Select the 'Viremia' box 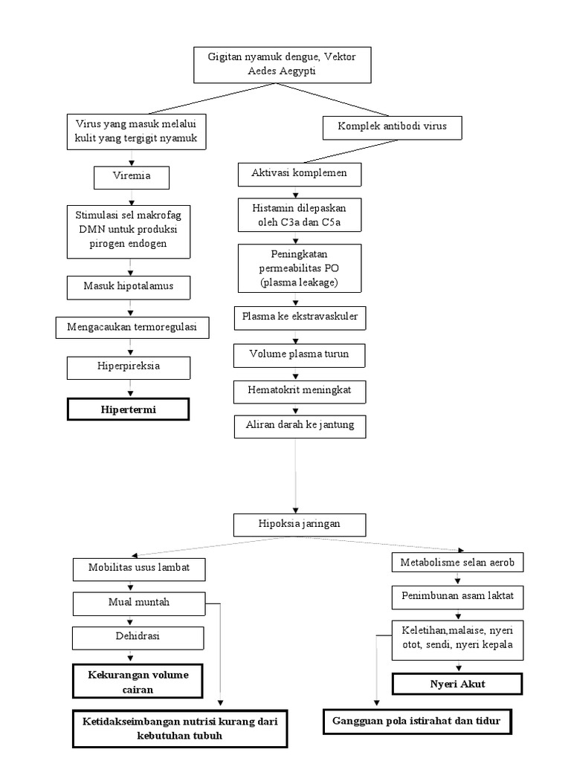coord(132,178)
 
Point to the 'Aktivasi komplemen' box coord(300,175)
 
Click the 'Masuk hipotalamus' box coord(131,286)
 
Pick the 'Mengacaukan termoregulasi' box coord(131,327)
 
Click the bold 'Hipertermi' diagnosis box coord(128,409)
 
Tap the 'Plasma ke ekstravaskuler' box coord(300,317)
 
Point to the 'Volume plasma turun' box coord(300,355)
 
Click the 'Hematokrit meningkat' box coord(299,390)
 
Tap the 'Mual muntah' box coord(138,603)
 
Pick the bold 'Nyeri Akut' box coord(448,683)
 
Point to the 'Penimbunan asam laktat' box coord(458,597)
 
